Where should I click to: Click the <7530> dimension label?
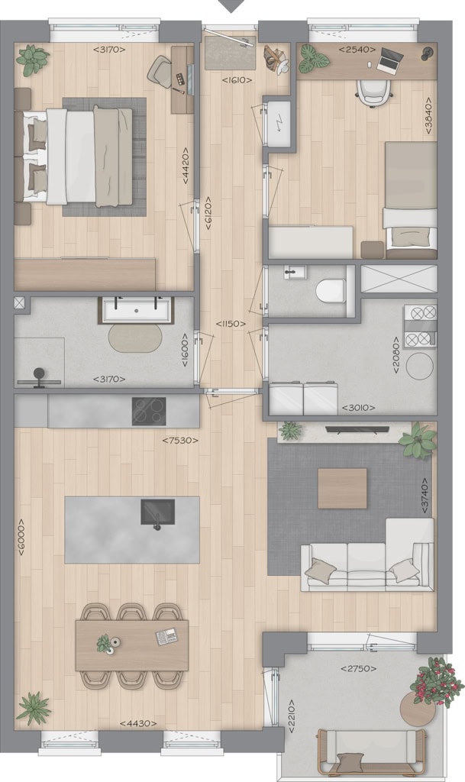[180, 441]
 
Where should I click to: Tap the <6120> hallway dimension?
[208, 213]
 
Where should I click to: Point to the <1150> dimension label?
[231, 324]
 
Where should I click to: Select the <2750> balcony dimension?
[358, 668]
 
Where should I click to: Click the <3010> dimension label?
[358, 408]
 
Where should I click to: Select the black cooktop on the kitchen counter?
[149, 411]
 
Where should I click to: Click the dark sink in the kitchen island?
[157, 512]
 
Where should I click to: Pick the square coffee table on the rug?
[342, 488]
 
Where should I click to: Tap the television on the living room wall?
[357, 428]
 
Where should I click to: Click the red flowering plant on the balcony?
[433, 681]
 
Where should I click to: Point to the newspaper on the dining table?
[166, 635]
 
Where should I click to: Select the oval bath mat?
[136, 338]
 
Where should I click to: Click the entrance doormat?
[231, 53]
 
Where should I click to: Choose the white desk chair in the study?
[374, 92]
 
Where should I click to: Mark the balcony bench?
[371, 751]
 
